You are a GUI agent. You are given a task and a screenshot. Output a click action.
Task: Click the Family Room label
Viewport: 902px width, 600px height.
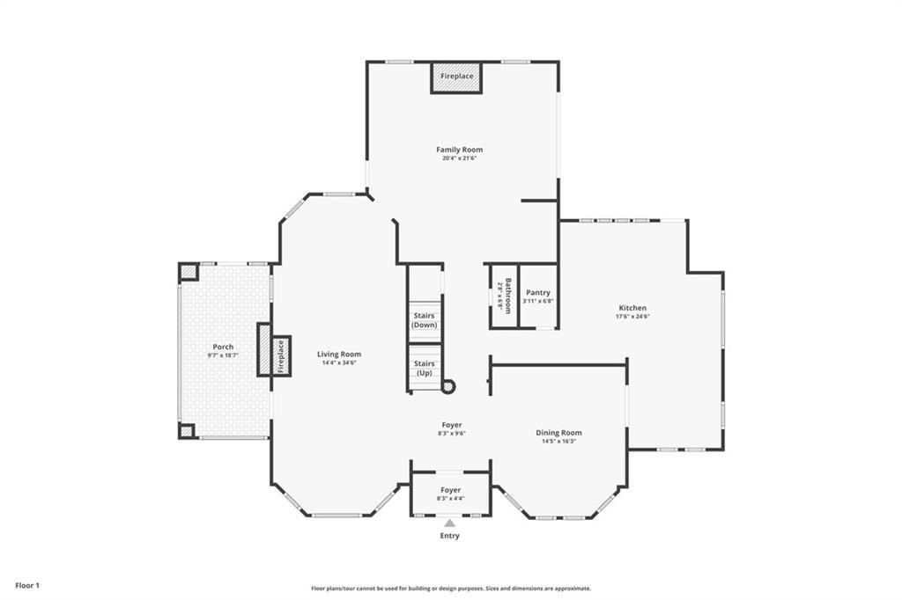pyautogui.click(x=459, y=150)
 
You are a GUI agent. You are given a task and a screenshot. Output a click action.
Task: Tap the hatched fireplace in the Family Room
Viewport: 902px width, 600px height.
pyautogui.click(x=457, y=77)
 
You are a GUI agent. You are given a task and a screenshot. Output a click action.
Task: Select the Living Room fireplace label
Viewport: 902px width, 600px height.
pyautogui.click(x=281, y=355)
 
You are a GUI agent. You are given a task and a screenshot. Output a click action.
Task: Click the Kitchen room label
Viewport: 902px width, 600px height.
pyautogui.click(x=632, y=307)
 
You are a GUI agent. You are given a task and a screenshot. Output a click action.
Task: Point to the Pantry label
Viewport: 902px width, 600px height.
pyautogui.click(x=538, y=293)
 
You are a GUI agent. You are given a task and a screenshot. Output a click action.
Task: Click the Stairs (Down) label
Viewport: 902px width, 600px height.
pyautogui.click(x=425, y=320)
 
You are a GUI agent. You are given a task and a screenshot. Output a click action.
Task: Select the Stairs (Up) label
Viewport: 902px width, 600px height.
pyautogui.click(x=425, y=368)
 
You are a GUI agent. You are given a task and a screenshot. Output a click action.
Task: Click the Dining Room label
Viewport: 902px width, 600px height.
pyautogui.click(x=558, y=433)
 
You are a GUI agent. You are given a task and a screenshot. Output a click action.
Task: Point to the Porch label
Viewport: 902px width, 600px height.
pyautogui.click(x=223, y=347)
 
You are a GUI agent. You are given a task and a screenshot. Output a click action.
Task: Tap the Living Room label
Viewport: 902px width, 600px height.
pyautogui.click(x=339, y=354)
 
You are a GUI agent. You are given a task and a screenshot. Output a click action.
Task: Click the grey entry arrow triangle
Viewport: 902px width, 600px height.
pyautogui.click(x=449, y=523)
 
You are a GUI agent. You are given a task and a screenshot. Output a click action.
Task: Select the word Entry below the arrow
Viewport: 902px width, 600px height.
pyautogui.click(x=450, y=536)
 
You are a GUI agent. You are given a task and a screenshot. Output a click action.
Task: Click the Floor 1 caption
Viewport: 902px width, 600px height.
pyautogui.click(x=27, y=586)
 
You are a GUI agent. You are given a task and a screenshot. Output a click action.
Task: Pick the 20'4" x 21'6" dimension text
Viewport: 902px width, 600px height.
pyautogui.click(x=460, y=157)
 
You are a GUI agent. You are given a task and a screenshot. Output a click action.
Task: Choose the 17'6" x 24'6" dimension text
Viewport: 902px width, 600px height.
pyautogui.click(x=632, y=316)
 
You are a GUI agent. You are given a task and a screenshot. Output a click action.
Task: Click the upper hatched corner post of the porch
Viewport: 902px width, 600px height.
pyautogui.click(x=189, y=271)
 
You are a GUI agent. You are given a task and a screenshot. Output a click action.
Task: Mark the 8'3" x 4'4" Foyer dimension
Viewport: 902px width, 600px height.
pyautogui.click(x=451, y=498)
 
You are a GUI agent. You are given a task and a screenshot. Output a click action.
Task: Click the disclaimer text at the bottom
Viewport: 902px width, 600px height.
pyautogui.click(x=451, y=589)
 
